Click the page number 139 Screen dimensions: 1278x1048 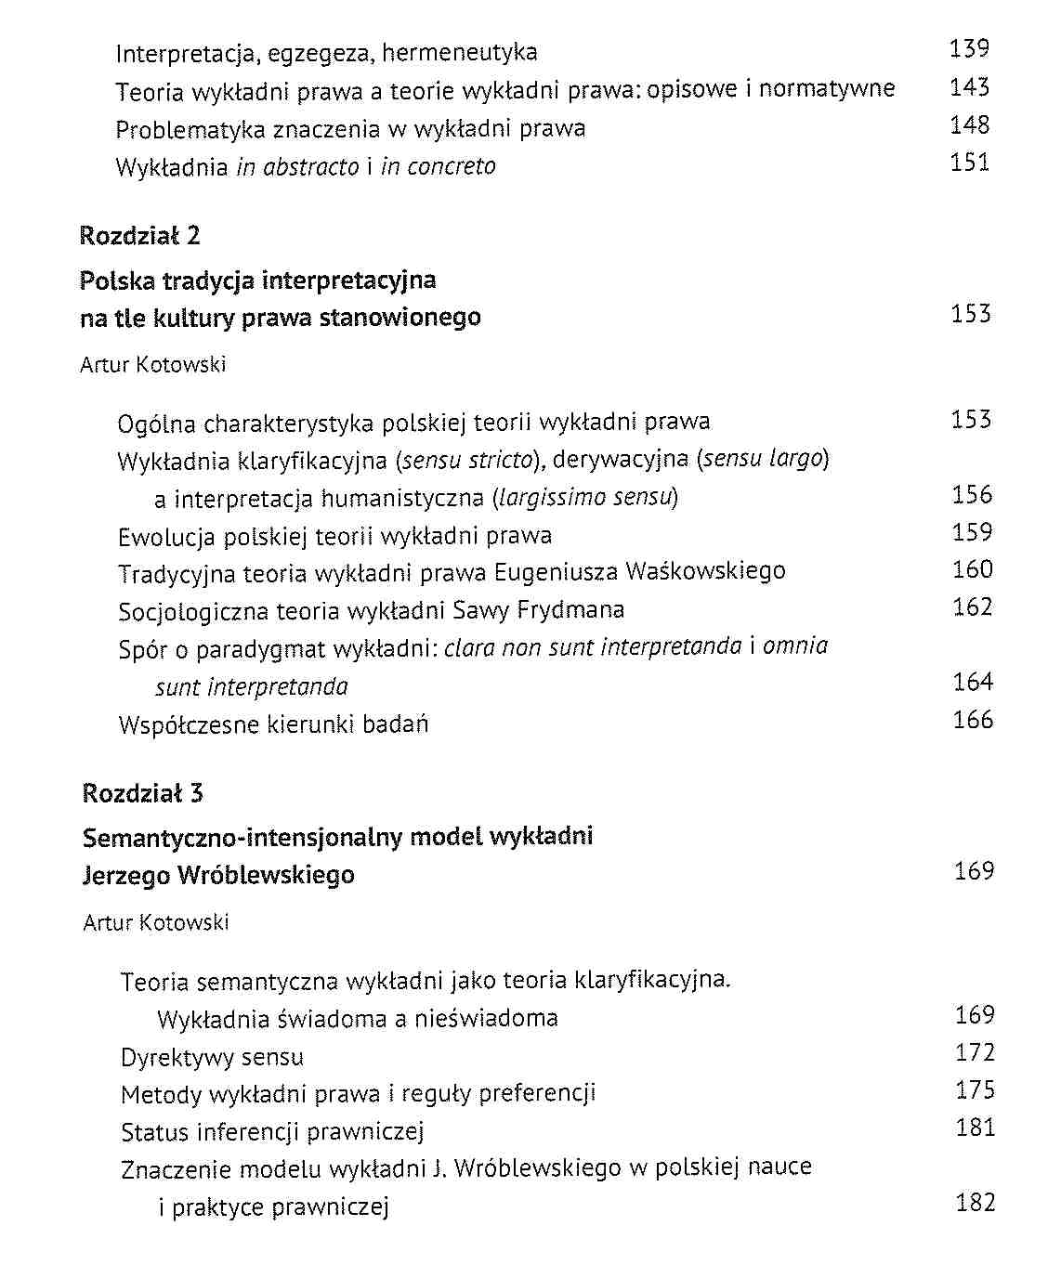click(969, 48)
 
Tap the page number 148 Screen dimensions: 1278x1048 click(969, 124)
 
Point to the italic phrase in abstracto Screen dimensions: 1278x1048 click(297, 167)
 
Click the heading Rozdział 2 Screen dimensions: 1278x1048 click(139, 236)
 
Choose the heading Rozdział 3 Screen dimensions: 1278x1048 click(142, 793)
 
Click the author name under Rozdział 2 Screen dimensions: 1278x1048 click(153, 365)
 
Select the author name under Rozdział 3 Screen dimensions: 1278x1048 click(155, 922)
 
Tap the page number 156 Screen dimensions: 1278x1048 click(972, 494)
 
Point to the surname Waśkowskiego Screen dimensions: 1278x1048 click(705, 571)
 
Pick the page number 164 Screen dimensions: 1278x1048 click(973, 682)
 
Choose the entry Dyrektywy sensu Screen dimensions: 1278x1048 click(212, 1058)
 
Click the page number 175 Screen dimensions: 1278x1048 click(975, 1089)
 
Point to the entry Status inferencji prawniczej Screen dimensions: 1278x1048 click(272, 1132)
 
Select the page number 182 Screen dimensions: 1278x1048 click(975, 1203)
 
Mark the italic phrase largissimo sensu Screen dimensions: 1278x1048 click(584, 498)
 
